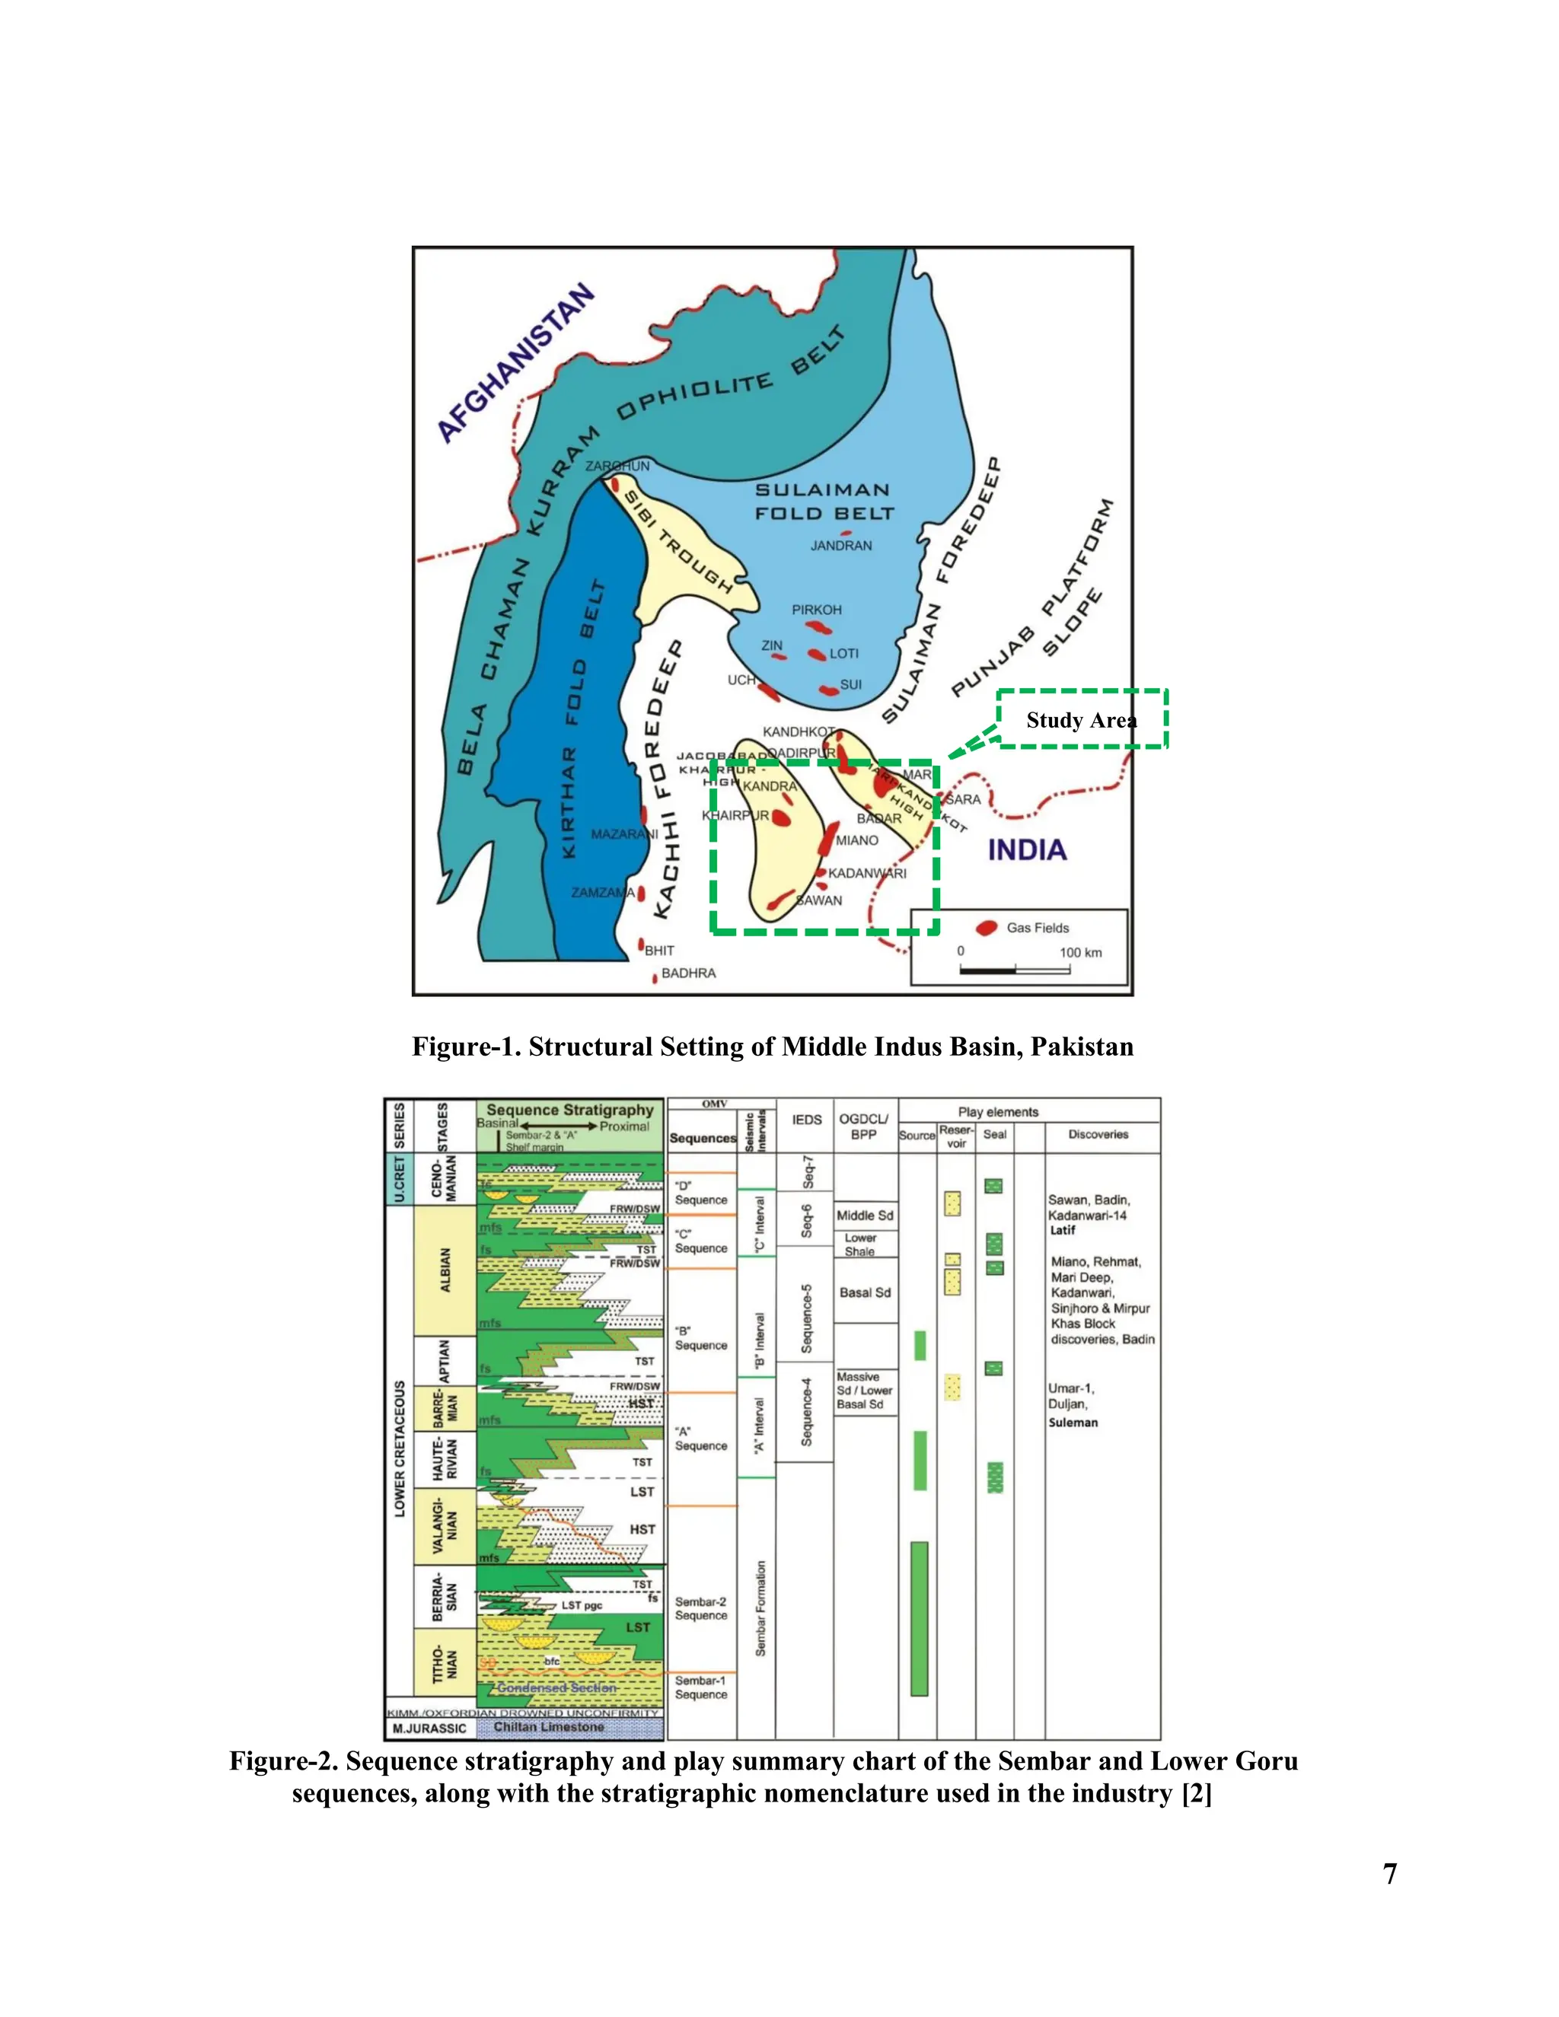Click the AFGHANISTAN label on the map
515,364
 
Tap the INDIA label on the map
1027,849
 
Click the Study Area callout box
1082,719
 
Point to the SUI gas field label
850,684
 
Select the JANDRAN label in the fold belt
840,546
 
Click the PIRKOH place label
817,610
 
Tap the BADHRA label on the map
688,973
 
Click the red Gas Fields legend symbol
987,927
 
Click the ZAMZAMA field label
602,892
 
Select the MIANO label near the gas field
857,840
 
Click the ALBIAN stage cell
446,1270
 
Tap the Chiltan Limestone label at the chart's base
549,1727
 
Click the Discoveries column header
1098,1134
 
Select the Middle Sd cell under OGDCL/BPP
865,1216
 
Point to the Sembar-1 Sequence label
701,1687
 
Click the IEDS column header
806,1120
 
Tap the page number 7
1389,1873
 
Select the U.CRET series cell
399,1177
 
